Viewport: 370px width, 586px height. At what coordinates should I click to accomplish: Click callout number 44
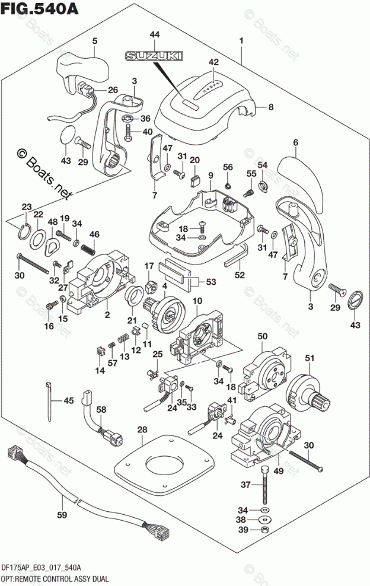click(154, 36)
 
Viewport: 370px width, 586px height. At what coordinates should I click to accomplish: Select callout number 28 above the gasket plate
click(142, 429)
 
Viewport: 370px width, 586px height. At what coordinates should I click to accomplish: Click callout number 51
click(309, 358)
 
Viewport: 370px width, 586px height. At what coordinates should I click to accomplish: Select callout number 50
click(261, 337)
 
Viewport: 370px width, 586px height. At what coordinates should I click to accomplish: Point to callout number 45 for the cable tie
click(69, 400)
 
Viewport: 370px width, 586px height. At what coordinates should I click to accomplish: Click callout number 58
click(101, 410)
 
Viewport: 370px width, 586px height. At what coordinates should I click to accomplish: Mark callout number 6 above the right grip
click(295, 142)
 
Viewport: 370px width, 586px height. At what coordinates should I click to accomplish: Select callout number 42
click(213, 62)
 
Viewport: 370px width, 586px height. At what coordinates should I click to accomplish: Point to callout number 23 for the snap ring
click(25, 206)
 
